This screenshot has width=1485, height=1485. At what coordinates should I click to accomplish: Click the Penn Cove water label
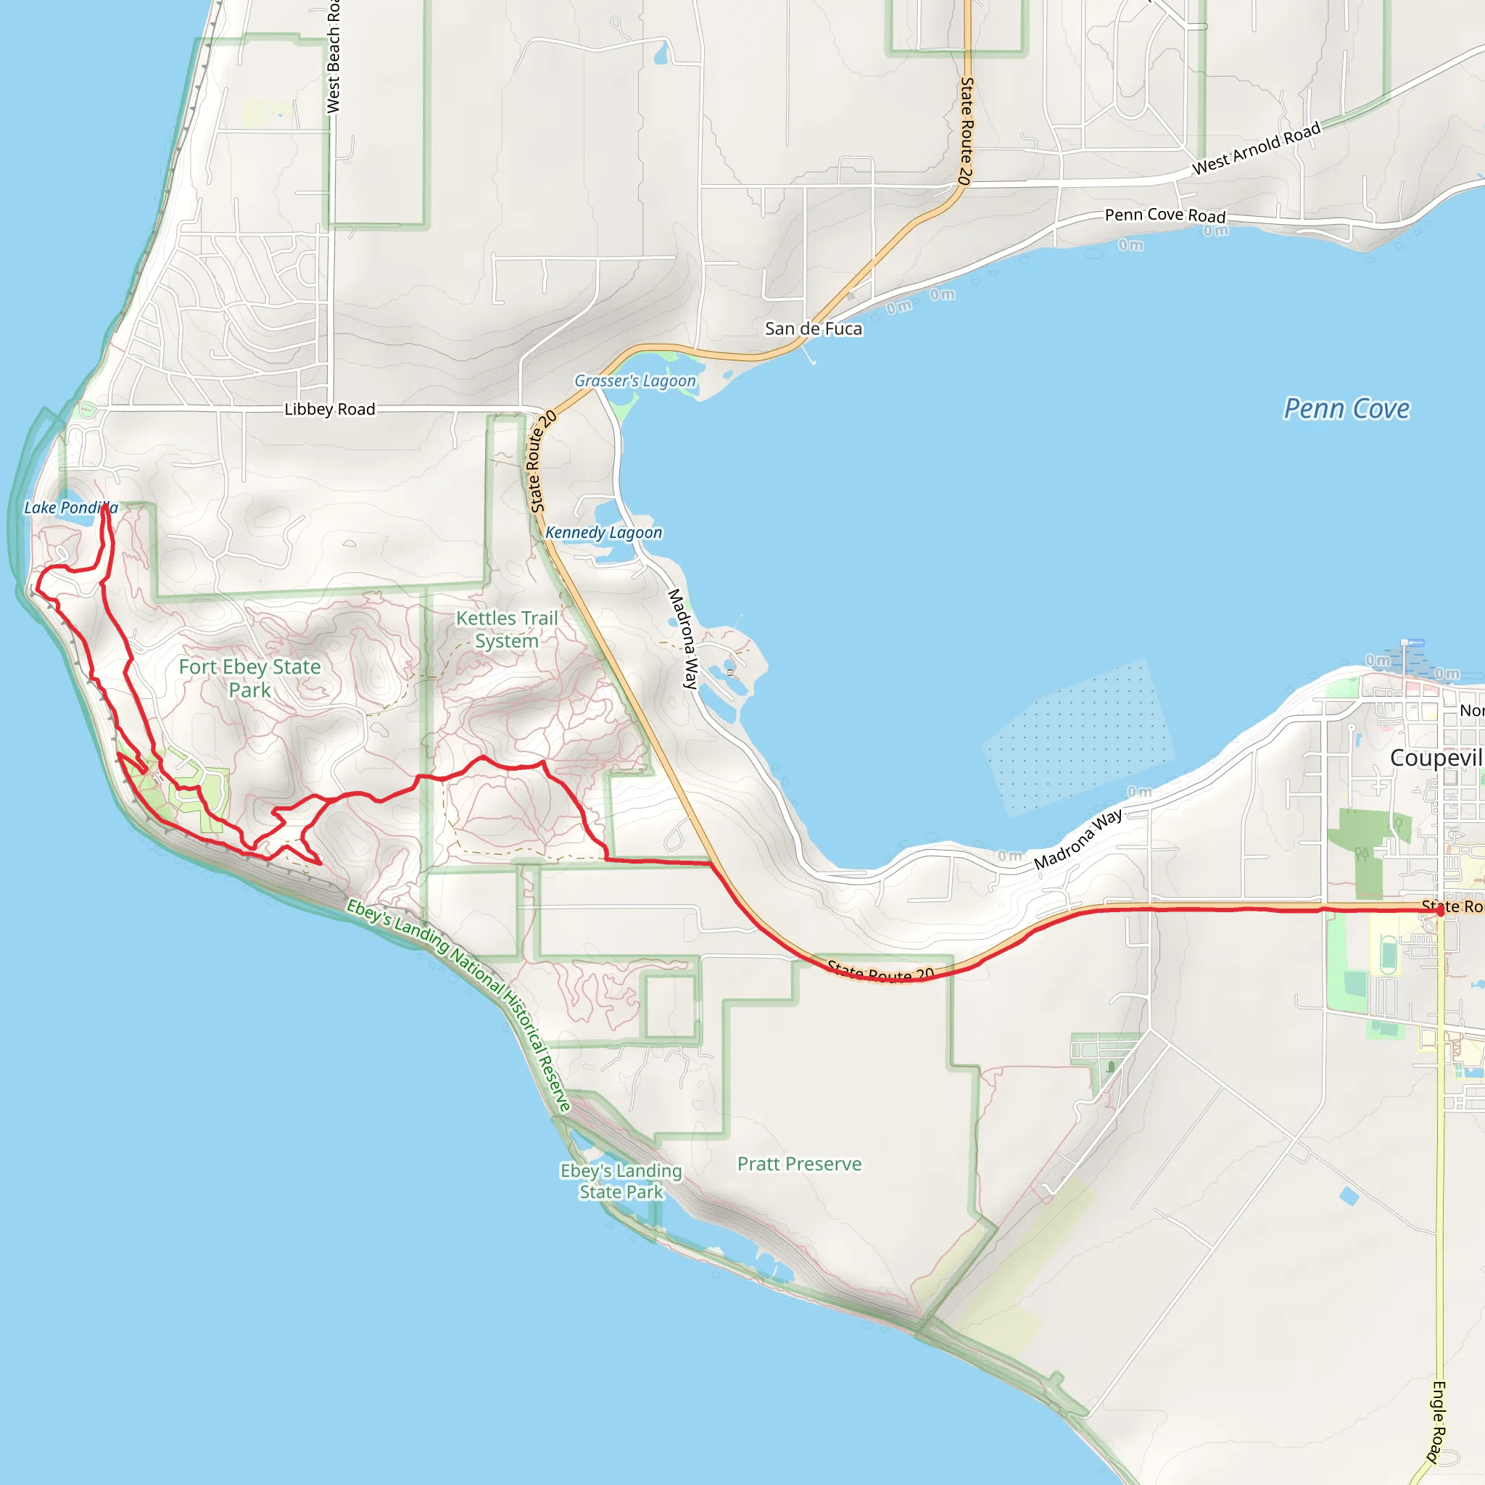[1347, 409]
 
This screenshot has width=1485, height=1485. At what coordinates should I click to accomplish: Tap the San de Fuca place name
[814, 329]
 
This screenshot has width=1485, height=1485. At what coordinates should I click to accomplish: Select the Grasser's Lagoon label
[635, 381]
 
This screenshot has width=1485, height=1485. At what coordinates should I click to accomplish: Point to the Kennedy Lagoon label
[603, 532]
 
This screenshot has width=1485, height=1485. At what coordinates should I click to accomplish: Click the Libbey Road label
[330, 409]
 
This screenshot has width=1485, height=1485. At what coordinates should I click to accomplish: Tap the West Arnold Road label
[1256, 149]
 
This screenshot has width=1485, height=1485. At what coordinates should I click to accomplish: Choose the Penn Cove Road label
[1165, 215]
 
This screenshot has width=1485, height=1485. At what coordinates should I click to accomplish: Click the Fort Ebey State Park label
[250, 678]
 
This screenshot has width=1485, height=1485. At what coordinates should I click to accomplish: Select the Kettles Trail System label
[507, 629]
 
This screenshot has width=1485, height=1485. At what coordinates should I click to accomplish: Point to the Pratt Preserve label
[799, 1164]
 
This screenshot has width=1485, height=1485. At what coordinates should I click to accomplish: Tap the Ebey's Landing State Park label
[621, 1181]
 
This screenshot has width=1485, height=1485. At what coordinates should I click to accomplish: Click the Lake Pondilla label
[71, 508]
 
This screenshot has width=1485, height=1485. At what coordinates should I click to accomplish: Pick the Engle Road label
[1437, 1422]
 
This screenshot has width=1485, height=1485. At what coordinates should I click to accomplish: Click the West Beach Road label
[334, 58]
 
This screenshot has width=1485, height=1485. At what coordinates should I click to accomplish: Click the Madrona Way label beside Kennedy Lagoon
[682, 638]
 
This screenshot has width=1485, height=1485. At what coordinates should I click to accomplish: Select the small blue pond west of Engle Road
[1348, 1196]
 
